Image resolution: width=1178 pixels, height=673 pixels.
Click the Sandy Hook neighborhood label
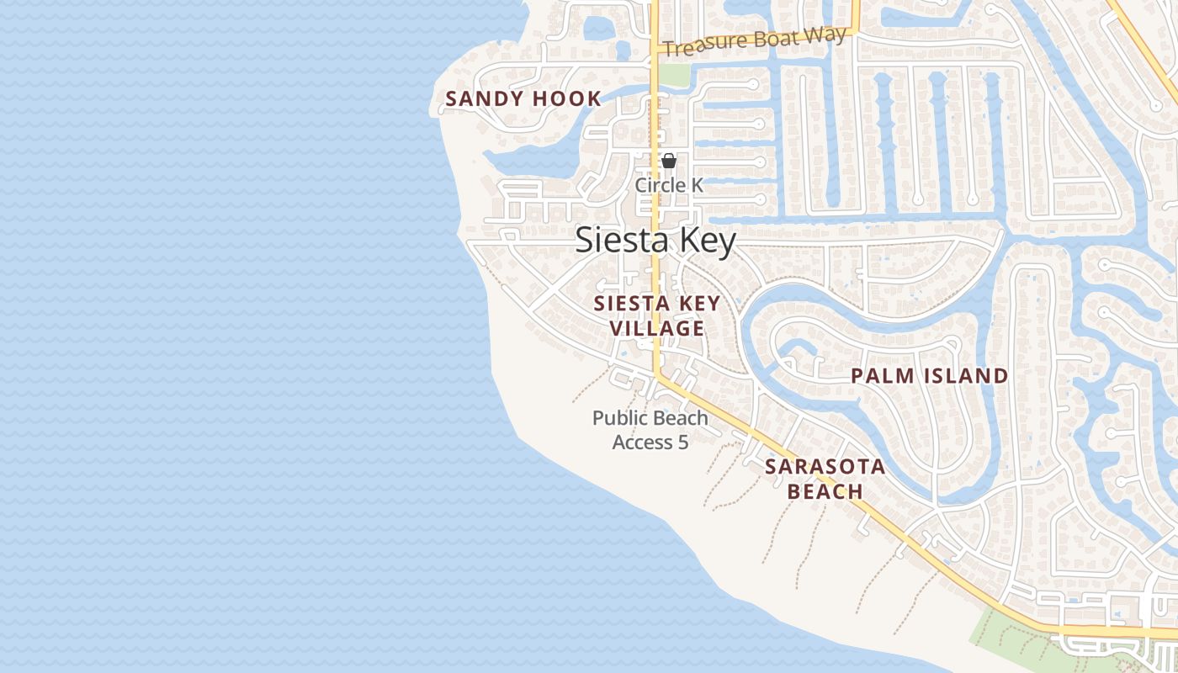tap(523, 99)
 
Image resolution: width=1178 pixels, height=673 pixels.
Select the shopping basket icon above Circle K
tap(669, 161)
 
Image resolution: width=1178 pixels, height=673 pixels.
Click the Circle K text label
tap(669, 185)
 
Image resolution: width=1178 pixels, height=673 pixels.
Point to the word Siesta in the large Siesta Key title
tap(617, 241)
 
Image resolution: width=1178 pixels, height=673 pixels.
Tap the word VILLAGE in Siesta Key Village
tap(657, 329)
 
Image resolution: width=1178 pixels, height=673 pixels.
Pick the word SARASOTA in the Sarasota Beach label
tap(825, 467)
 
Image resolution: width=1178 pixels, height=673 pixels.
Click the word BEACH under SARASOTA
tap(825, 491)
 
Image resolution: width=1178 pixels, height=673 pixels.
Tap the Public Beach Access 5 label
tap(650, 430)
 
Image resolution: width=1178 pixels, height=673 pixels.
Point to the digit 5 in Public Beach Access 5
tap(682, 442)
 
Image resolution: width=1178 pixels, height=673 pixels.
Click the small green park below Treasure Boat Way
tap(673, 75)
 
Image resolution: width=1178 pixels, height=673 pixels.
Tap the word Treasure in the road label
tap(698, 46)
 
